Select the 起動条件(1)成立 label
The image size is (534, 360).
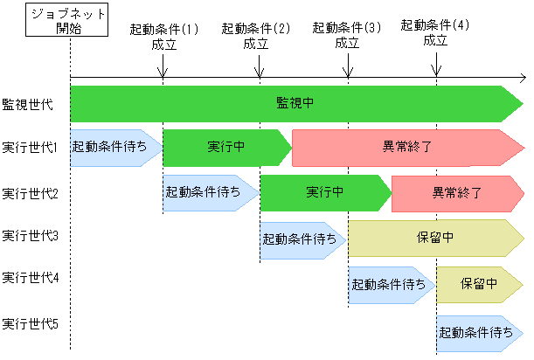(x=163, y=36)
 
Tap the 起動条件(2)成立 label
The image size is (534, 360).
(x=256, y=36)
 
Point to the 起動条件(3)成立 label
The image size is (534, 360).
(x=347, y=36)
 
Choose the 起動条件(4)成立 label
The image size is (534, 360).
(x=434, y=32)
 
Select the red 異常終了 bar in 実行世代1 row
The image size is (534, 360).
(x=406, y=148)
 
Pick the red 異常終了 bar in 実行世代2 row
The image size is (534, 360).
(x=455, y=192)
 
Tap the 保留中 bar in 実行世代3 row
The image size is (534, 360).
(x=434, y=237)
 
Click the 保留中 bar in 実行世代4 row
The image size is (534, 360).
(x=479, y=285)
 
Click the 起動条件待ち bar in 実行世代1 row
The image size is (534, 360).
(x=111, y=148)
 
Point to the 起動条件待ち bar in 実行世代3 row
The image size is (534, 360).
(x=300, y=237)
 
